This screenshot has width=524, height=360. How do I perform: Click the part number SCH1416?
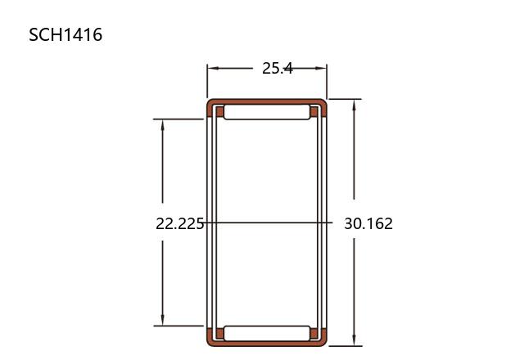65,34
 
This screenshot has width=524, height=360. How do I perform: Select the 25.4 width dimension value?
278,69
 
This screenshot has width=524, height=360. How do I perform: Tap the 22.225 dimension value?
180,223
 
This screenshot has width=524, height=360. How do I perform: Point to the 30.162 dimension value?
368,223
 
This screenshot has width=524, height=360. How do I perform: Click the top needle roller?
267,112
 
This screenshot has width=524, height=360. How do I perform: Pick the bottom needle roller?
267,333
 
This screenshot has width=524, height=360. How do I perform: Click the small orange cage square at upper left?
220,112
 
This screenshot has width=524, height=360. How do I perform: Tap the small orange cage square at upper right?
314,112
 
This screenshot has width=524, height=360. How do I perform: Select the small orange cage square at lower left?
220,333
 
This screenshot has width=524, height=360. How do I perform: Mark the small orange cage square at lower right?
314,333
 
